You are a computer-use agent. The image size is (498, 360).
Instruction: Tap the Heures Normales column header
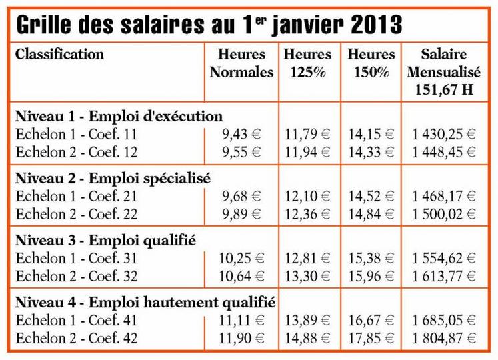click(x=241, y=63)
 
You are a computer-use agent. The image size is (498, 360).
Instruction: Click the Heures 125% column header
click(x=307, y=63)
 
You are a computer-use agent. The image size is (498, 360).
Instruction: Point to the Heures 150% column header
click(x=371, y=63)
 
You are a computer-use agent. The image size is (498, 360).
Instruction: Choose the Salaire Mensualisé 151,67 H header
click(x=444, y=72)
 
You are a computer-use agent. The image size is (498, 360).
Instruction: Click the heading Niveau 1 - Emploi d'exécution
click(x=119, y=116)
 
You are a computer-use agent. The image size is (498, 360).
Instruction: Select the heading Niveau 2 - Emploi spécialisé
click(x=113, y=178)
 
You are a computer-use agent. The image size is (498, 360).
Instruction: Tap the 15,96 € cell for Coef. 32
click(x=371, y=276)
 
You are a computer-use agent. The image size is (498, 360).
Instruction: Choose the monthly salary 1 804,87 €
click(x=444, y=338)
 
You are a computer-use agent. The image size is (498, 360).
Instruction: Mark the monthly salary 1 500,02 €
click(x=444, y=214)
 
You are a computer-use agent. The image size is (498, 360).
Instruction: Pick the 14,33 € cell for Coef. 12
click(x=371, y=152)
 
